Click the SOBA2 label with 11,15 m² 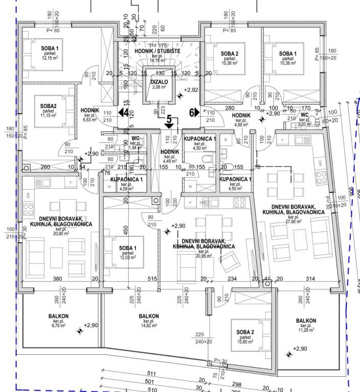(49, 105)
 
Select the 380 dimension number (58, 279)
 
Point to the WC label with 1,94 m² (135, 138)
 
